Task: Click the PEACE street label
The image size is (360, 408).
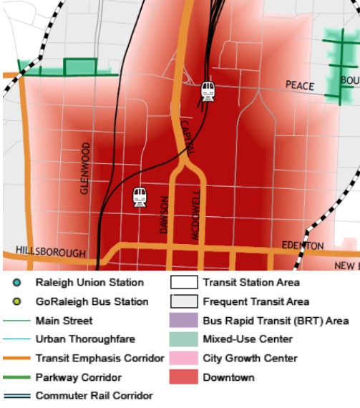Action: (300, 86)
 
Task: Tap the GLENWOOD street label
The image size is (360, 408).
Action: (85, 168)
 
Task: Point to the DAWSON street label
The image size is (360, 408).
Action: (163, 215)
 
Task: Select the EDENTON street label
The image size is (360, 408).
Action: (303, 246)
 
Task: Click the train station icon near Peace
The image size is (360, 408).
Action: (208, 91)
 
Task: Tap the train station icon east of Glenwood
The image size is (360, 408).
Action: (140, 198)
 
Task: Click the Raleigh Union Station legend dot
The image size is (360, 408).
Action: (16, 283)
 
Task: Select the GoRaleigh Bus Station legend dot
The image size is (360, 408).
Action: (16, 301)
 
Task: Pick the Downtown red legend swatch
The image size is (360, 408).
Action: (183, 377)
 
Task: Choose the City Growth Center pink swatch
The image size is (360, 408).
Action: (183, 358)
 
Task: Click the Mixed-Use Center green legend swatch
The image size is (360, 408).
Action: (183, 339)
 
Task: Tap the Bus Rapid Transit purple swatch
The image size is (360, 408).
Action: (183, 321)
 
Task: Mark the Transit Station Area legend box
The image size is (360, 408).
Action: (183, 283)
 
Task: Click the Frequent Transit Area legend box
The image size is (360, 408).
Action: (183, 301)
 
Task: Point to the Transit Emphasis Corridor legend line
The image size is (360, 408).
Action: (18, 358)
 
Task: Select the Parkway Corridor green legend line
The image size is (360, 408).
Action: (18, 377)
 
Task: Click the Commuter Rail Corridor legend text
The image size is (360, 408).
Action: (94, 395)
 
